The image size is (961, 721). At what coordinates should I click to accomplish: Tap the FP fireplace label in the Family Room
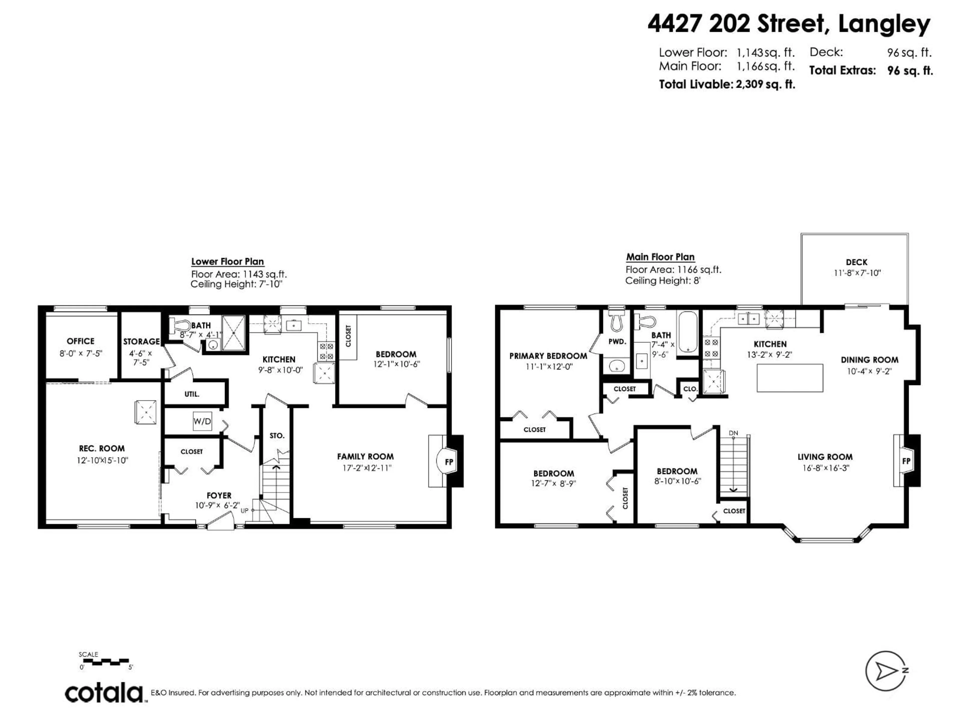449,462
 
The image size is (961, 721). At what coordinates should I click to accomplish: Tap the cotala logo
104,693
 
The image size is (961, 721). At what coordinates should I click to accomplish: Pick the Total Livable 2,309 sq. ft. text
727,84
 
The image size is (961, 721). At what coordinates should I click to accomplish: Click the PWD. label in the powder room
617,341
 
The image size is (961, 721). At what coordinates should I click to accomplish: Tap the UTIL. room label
192,394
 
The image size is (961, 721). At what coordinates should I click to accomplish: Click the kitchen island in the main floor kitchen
790,378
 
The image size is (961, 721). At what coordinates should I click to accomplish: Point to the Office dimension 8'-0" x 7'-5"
81,353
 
